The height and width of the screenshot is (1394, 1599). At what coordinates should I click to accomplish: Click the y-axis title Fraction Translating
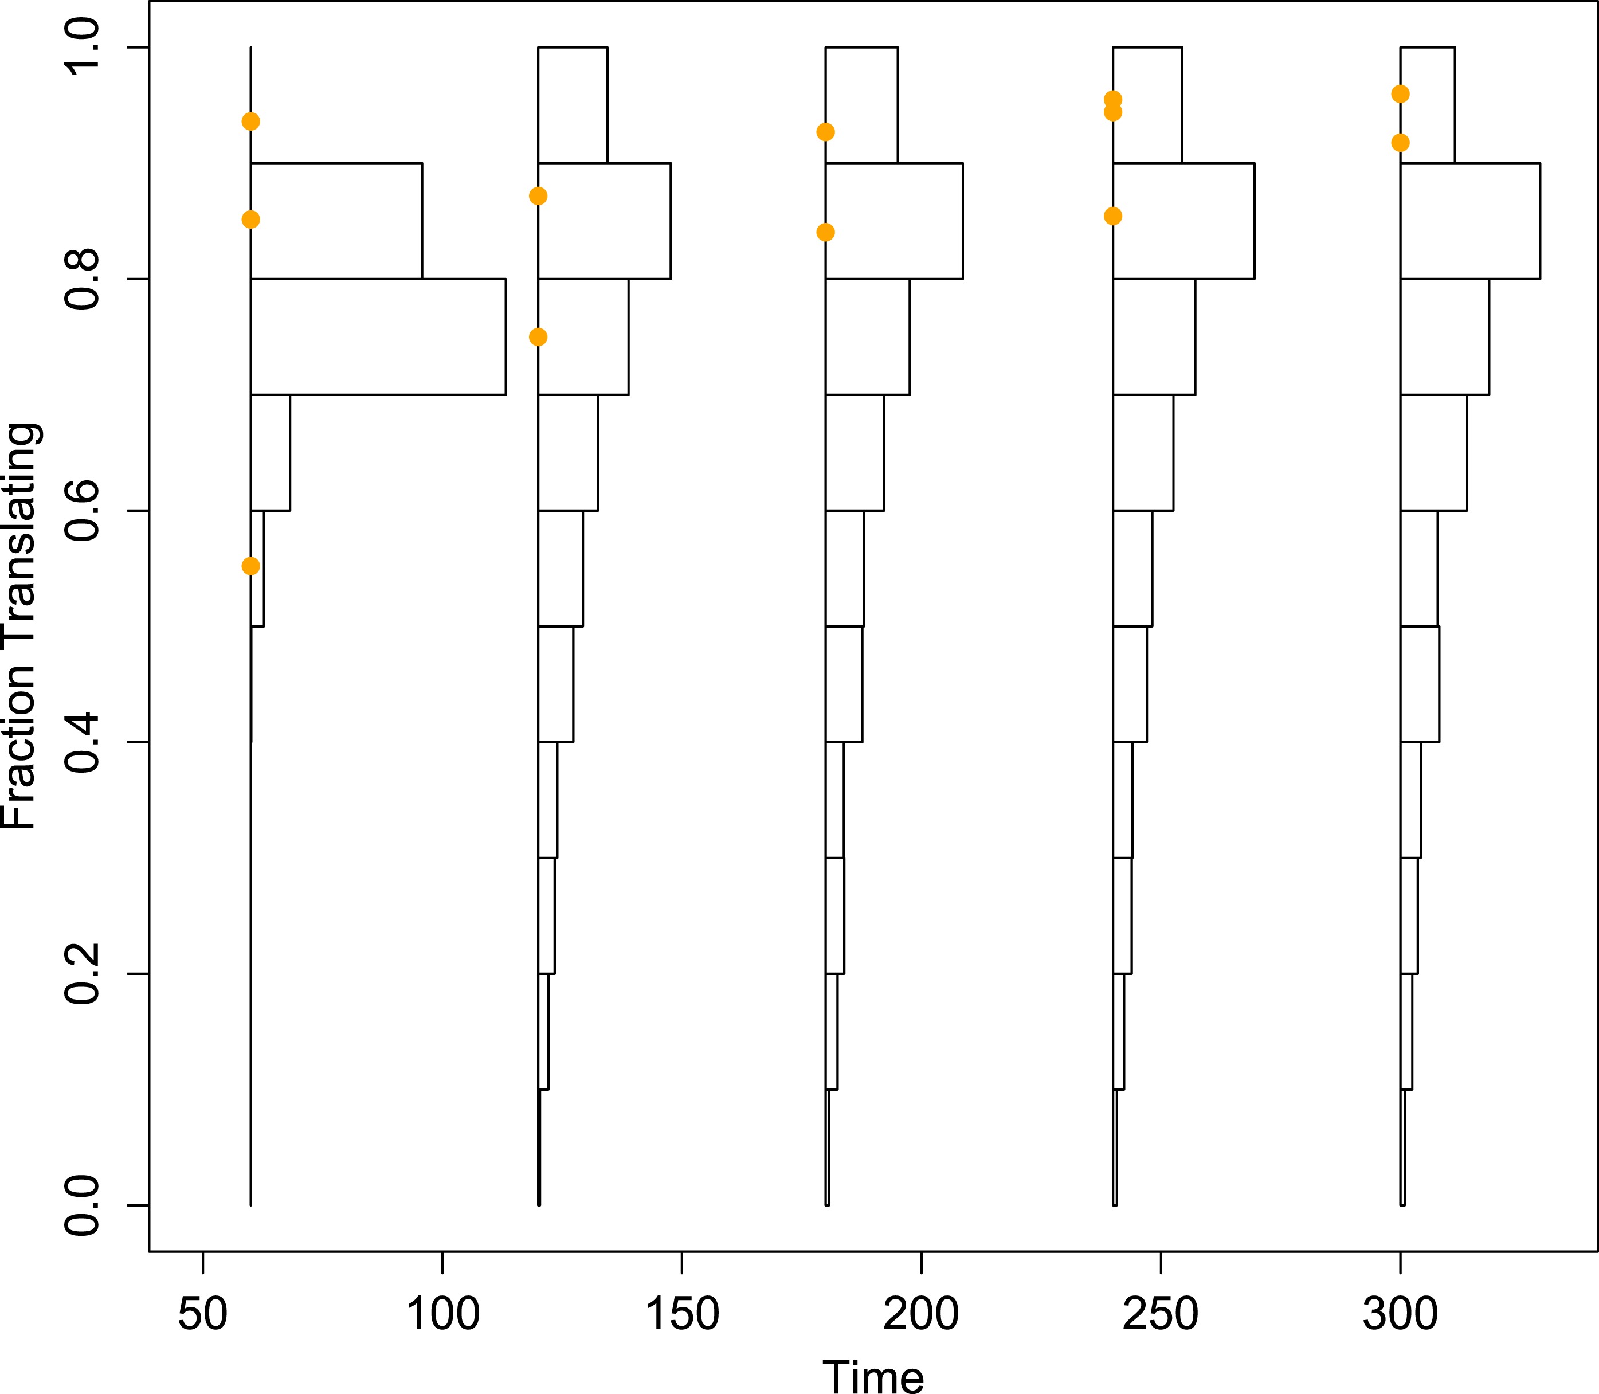20,626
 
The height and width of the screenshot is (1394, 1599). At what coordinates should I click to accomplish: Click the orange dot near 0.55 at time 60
250,566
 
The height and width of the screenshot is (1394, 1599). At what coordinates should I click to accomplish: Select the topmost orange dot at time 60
250,122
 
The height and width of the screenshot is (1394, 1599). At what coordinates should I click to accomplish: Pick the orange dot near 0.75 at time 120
538,337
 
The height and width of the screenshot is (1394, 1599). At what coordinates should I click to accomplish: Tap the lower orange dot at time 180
825,232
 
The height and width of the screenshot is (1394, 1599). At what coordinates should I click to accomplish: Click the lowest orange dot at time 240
1113,216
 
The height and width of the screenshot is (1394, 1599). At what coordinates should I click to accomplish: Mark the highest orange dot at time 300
1400,94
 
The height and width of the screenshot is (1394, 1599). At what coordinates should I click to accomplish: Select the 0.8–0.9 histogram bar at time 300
1470,221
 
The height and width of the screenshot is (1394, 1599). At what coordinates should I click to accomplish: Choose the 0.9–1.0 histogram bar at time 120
573,105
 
